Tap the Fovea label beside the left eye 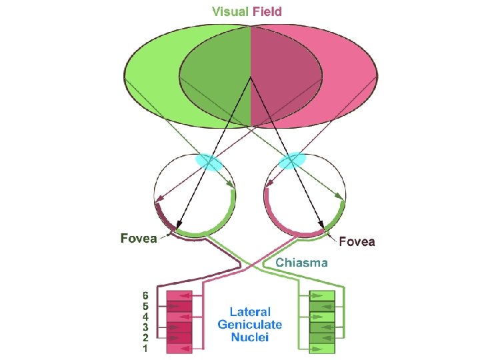point(139,238)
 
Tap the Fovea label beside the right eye point(357,241)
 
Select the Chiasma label point(301,263)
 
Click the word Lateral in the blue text point(250,311)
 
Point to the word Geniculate point(250,325)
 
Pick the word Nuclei point(250,337)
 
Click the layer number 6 point(145,295)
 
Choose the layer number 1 point(145,348)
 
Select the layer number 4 point(145,316)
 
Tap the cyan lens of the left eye point(209,162)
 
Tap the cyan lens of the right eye point(292,161)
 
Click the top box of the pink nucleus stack point(178,296)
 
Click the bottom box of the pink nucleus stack point(178,348)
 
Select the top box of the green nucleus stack point(321,296)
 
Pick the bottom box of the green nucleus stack point(321,348)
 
